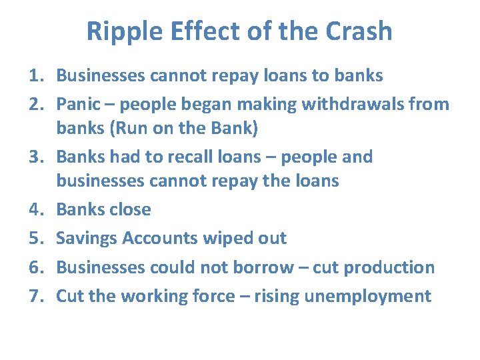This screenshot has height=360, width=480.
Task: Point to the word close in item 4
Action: pyautogui.click(x=130, y=209)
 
